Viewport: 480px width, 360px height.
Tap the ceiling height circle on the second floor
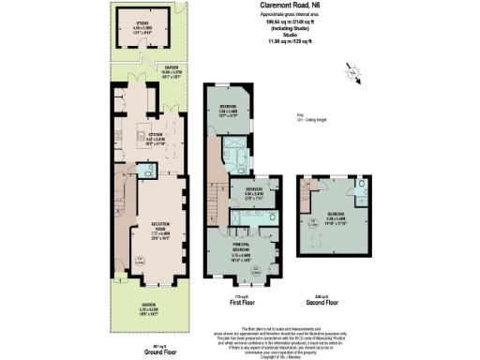tap(311, 222)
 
